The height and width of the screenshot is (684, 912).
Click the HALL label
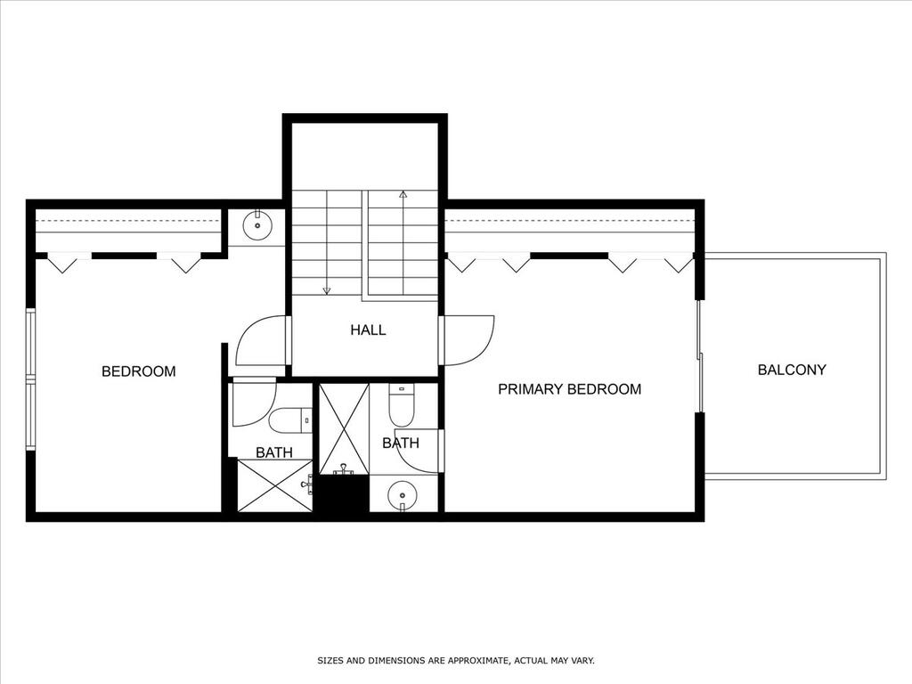(368, 330)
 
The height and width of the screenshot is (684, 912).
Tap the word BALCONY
(792, 370)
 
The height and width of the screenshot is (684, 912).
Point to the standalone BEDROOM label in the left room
(138, 371)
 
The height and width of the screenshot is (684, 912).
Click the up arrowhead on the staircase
(403, 194)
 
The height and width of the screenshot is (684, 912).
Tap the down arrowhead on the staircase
(327, 290)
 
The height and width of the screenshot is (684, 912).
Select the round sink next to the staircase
(256, 225)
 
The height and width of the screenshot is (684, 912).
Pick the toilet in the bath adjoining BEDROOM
(291, 420)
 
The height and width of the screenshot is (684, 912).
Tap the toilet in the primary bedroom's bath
(401, 405)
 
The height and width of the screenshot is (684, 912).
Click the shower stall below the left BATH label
(275, 485)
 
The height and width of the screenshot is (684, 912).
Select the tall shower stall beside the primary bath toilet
(345, 428)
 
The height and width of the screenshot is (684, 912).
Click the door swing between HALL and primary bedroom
(467, 340)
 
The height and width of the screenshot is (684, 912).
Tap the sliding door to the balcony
(700, 356)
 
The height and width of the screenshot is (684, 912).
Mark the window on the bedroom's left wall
(31, 379)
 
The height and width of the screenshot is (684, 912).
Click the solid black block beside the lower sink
(344, 493)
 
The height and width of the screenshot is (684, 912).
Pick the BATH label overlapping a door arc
(401, 444)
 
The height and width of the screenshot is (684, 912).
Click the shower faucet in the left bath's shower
(307, 484)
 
